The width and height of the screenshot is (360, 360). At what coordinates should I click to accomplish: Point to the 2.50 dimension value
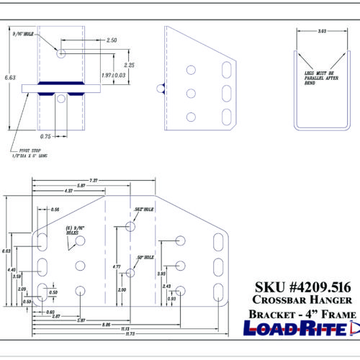[x=112, y=40]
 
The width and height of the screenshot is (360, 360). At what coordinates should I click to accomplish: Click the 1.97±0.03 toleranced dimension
[x=112, y=75]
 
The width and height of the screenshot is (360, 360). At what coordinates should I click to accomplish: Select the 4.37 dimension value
[x=69, y=191]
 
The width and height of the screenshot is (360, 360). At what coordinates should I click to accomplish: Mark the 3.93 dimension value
[x=161, y=274]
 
